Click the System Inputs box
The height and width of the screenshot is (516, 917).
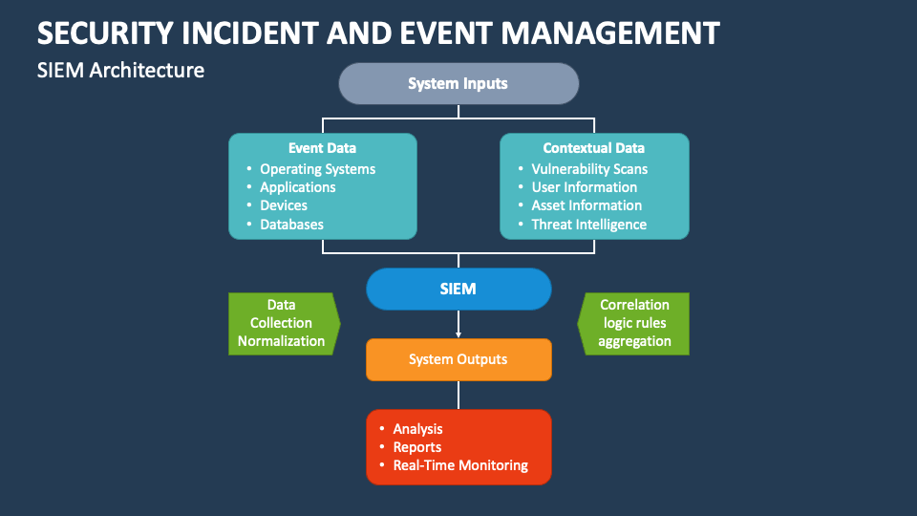click(x=458, y=83)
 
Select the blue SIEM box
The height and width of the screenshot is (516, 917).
click(x=458, y=289)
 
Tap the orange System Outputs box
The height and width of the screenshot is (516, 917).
click(x=458, y=359)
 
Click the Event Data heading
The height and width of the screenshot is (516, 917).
click(x=322, y=148)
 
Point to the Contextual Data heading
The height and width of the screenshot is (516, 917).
click(x=593, y=148)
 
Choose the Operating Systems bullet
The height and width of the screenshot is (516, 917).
click(x=317, y=169)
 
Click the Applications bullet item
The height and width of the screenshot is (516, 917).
click(x=298, y=187)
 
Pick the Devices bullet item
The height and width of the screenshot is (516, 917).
click(x=284, y=205)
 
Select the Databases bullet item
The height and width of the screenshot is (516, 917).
click(x=291, y=225)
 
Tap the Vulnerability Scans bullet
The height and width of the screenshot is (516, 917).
click(x=589, y=169)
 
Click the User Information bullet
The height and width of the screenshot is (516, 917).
click(x=584, y=187)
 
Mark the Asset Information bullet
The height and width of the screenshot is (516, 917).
click(x=586, y=205)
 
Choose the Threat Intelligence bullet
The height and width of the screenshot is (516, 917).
click(x=588, y=225)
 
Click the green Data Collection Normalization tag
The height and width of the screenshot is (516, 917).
click(x=282, y=323)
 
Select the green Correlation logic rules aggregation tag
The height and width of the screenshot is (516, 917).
click(x=634, y=323)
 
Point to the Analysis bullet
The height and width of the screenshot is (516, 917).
click(x=417, y=429)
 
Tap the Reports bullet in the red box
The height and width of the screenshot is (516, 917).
click(x=417, y=447)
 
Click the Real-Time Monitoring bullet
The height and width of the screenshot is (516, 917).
click(x=459, y=465)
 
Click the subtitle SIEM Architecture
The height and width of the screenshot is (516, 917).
click(x=120, y=70)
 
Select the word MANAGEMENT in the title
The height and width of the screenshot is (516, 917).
click(x=610, y=32)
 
